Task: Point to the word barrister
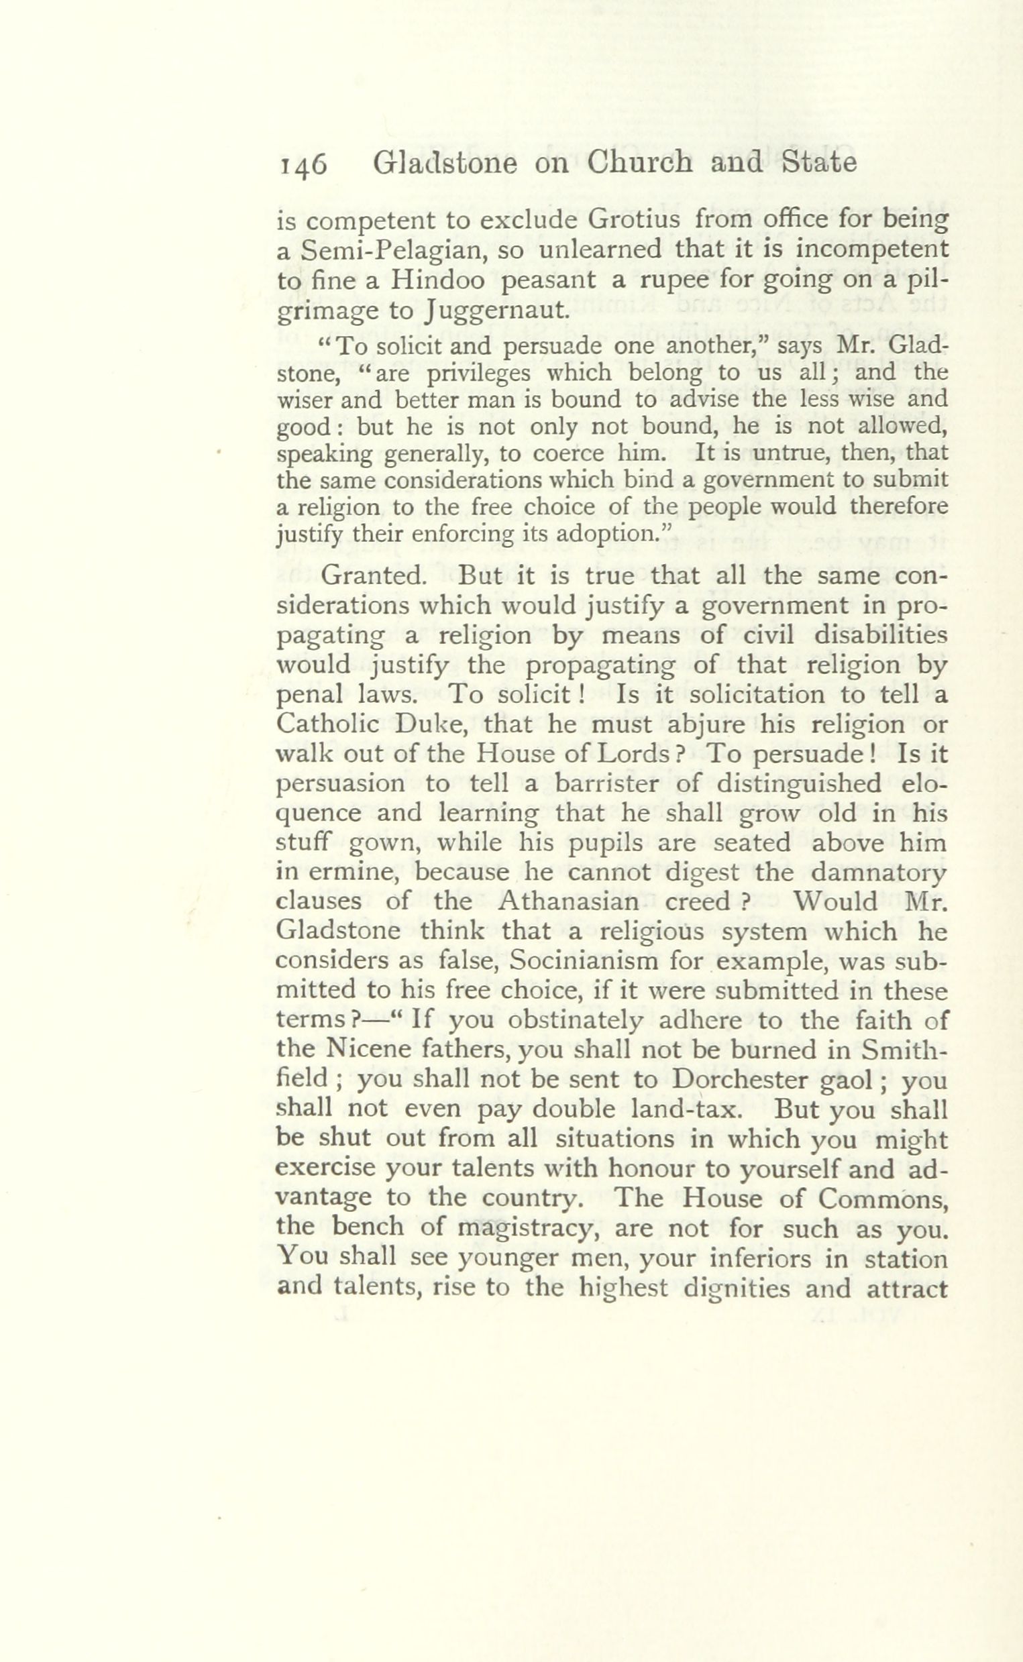pos(612,783)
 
